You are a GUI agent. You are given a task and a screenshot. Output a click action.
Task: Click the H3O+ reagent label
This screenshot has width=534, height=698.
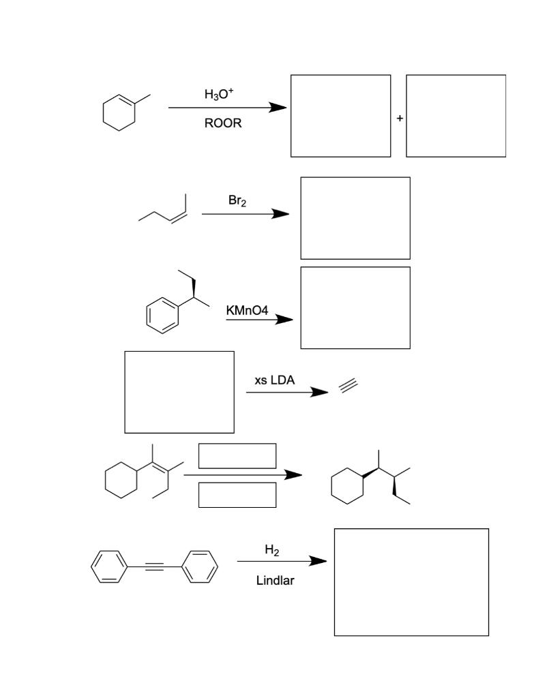pos(219,95)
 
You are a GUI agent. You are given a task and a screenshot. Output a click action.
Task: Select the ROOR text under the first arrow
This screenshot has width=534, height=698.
pos(222,124)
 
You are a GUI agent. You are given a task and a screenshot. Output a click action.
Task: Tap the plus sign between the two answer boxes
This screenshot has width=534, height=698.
pos(400,119)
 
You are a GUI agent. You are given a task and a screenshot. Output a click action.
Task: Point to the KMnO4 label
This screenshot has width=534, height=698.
pos(247,311)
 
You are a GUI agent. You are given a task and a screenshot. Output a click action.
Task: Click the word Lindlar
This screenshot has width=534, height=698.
pos(275,581)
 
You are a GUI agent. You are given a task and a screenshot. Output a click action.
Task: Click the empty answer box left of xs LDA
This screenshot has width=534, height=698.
pos(179,392)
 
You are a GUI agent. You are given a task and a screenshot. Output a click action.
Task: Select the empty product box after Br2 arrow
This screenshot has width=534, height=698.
pos(355,218)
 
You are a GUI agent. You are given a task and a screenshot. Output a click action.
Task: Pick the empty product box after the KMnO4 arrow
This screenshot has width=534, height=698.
pos(355,307)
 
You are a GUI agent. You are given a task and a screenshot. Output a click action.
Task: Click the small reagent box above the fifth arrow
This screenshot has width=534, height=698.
pos(237,455)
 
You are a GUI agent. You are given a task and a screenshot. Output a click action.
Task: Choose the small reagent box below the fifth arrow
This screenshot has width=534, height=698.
pos(237,495)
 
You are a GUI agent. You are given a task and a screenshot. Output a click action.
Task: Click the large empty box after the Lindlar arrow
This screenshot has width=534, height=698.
pos(411,581)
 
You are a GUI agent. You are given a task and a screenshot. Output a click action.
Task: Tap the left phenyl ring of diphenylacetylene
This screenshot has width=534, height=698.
pos(108,567)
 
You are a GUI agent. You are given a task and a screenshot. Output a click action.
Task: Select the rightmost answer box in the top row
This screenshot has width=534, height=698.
pos(456,116)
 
